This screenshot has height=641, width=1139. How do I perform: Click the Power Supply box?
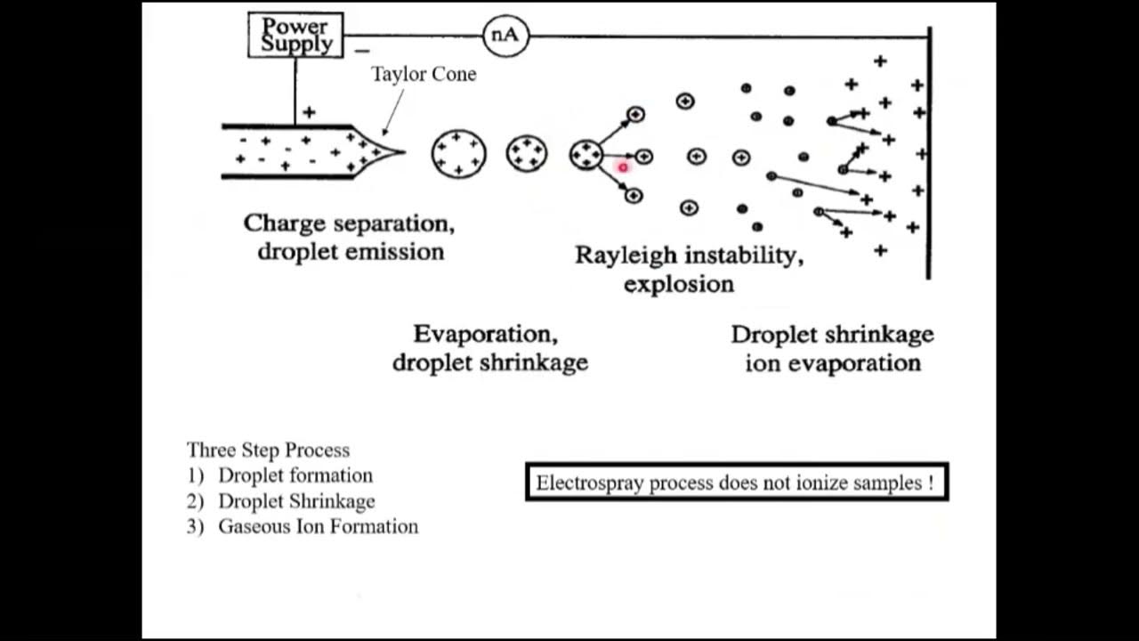(x=295, y=36)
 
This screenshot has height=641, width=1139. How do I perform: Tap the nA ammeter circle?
(x=505, y=36)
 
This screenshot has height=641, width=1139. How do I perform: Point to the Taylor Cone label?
(x=424, y=74)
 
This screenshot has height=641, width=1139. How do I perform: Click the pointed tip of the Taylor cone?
(x=402, y=152)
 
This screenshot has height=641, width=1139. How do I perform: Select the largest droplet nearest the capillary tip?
(x=458, y=153)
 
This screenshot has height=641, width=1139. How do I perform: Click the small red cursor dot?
(x=623, y=166)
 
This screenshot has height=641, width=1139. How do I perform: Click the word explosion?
(x=679, y=284)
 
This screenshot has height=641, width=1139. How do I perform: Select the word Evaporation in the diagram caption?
(x=485, y=335)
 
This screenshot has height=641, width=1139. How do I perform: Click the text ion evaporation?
(x=832, y=363)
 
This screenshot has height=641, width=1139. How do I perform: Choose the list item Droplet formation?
(x=295, y=475)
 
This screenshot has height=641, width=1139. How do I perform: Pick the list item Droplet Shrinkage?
(x=296, y=501)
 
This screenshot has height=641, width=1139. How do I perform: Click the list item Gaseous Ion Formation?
(x=318, y=526)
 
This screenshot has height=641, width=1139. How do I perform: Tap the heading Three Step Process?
(x=268, y=450)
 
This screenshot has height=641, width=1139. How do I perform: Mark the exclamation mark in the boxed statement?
(x=930, y=483)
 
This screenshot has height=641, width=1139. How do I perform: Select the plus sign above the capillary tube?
(x=309, y=112)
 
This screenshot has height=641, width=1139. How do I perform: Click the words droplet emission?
(x=351, y=251)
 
